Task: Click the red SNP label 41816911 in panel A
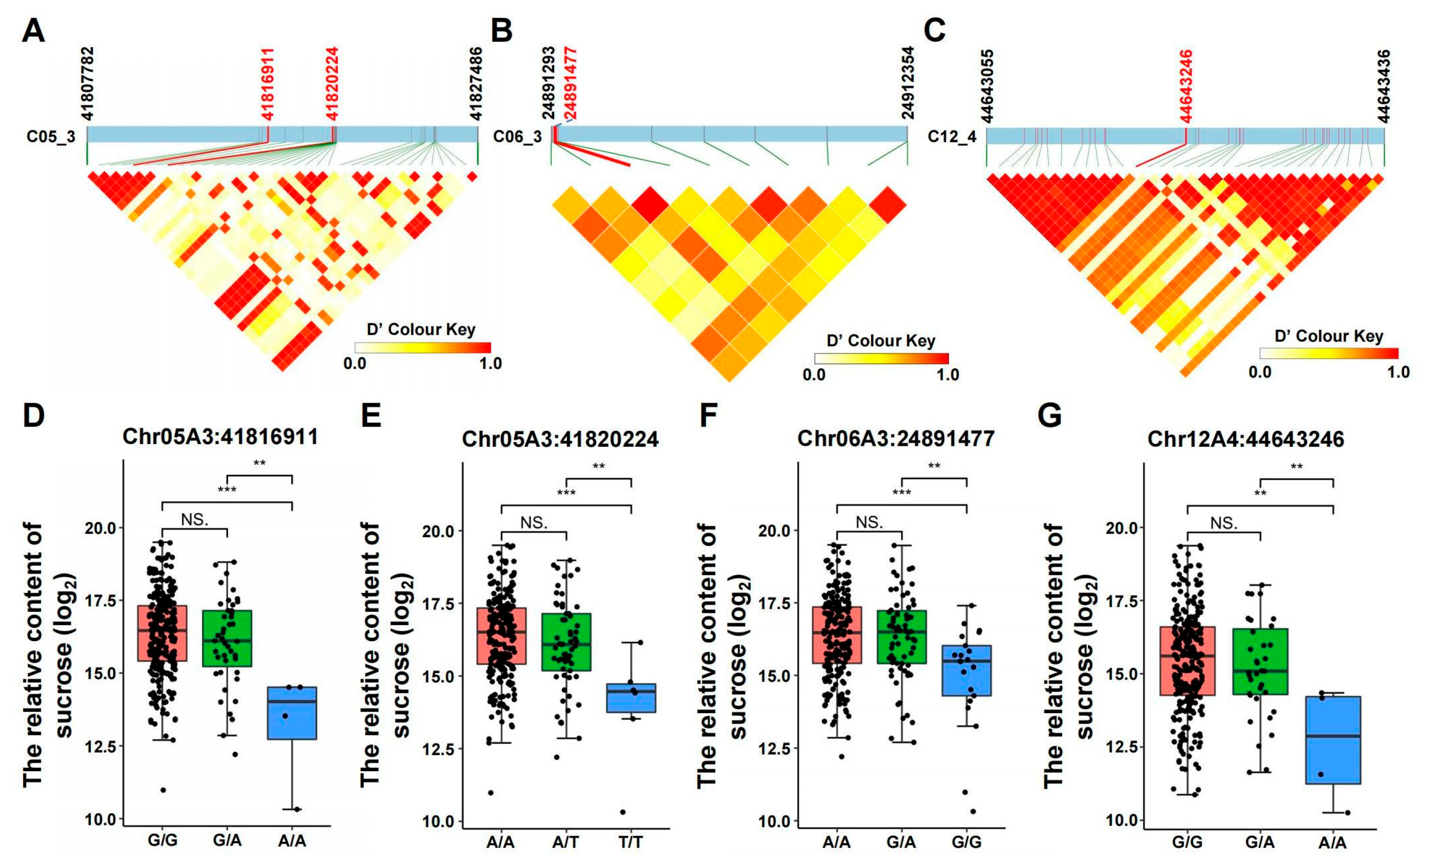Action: pos(267,84)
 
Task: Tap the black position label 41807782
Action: pos(87,84)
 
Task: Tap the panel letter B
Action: pos(501,30)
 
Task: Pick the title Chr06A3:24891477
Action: pos(896,438)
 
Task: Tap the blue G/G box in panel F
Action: pos(966,670)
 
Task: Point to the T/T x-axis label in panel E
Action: pos(630,842)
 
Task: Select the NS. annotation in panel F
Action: pos(869,523)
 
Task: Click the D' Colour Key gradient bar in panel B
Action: pos(881,358)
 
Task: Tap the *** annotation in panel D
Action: pos(227,490)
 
